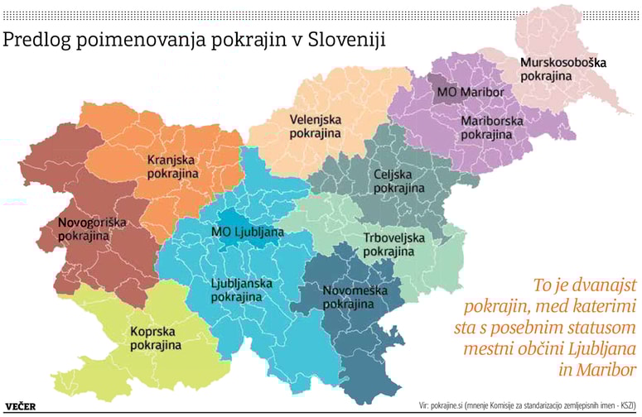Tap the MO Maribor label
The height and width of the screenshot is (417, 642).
point(470,91)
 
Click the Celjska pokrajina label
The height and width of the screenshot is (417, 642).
point(399,182)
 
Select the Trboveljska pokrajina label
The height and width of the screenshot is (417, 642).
point(393,245)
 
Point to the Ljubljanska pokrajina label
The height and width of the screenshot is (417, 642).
point(242,290)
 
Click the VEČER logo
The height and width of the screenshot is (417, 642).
point(25,406)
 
